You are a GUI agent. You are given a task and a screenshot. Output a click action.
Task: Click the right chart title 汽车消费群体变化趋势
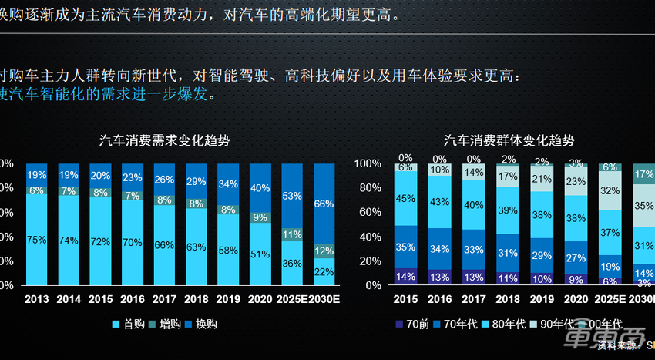[509, 140]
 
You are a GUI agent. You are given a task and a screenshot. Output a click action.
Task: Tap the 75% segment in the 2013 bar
[37, 239]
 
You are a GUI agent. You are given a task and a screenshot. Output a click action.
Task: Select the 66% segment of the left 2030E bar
[324, 204]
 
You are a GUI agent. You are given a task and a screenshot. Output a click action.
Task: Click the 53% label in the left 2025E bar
[292, 196]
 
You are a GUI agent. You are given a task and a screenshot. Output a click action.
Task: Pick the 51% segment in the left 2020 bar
[260, 254]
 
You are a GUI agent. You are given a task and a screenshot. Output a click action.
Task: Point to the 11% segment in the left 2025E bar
[292, 234]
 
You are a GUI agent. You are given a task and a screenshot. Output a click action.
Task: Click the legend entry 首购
[131, 325]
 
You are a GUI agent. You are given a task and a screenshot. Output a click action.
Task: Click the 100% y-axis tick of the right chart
[368, 164]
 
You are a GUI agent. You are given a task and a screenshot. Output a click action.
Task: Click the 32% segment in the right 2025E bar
[610, 190]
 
